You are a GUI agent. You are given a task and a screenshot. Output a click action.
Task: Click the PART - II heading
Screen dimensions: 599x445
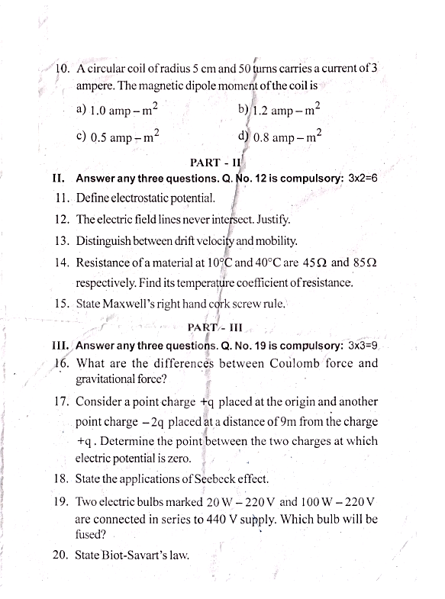coord(214,163)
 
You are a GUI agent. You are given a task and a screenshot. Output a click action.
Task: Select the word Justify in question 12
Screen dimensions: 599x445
coord(276,221)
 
